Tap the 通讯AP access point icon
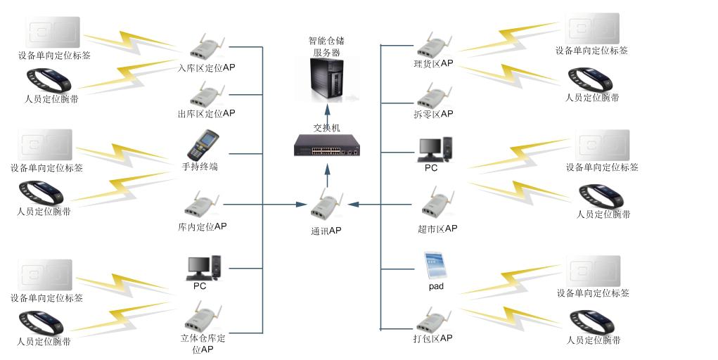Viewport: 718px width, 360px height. pos(326,206)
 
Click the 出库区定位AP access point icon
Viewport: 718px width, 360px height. pos(207,94)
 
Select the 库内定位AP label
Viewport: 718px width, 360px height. pos(203,226)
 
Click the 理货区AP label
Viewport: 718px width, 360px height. pos(434,64)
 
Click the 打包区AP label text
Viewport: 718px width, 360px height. pos(433,339)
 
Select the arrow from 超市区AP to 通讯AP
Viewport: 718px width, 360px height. pos(366,205)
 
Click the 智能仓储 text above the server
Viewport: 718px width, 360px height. pos(326,41)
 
